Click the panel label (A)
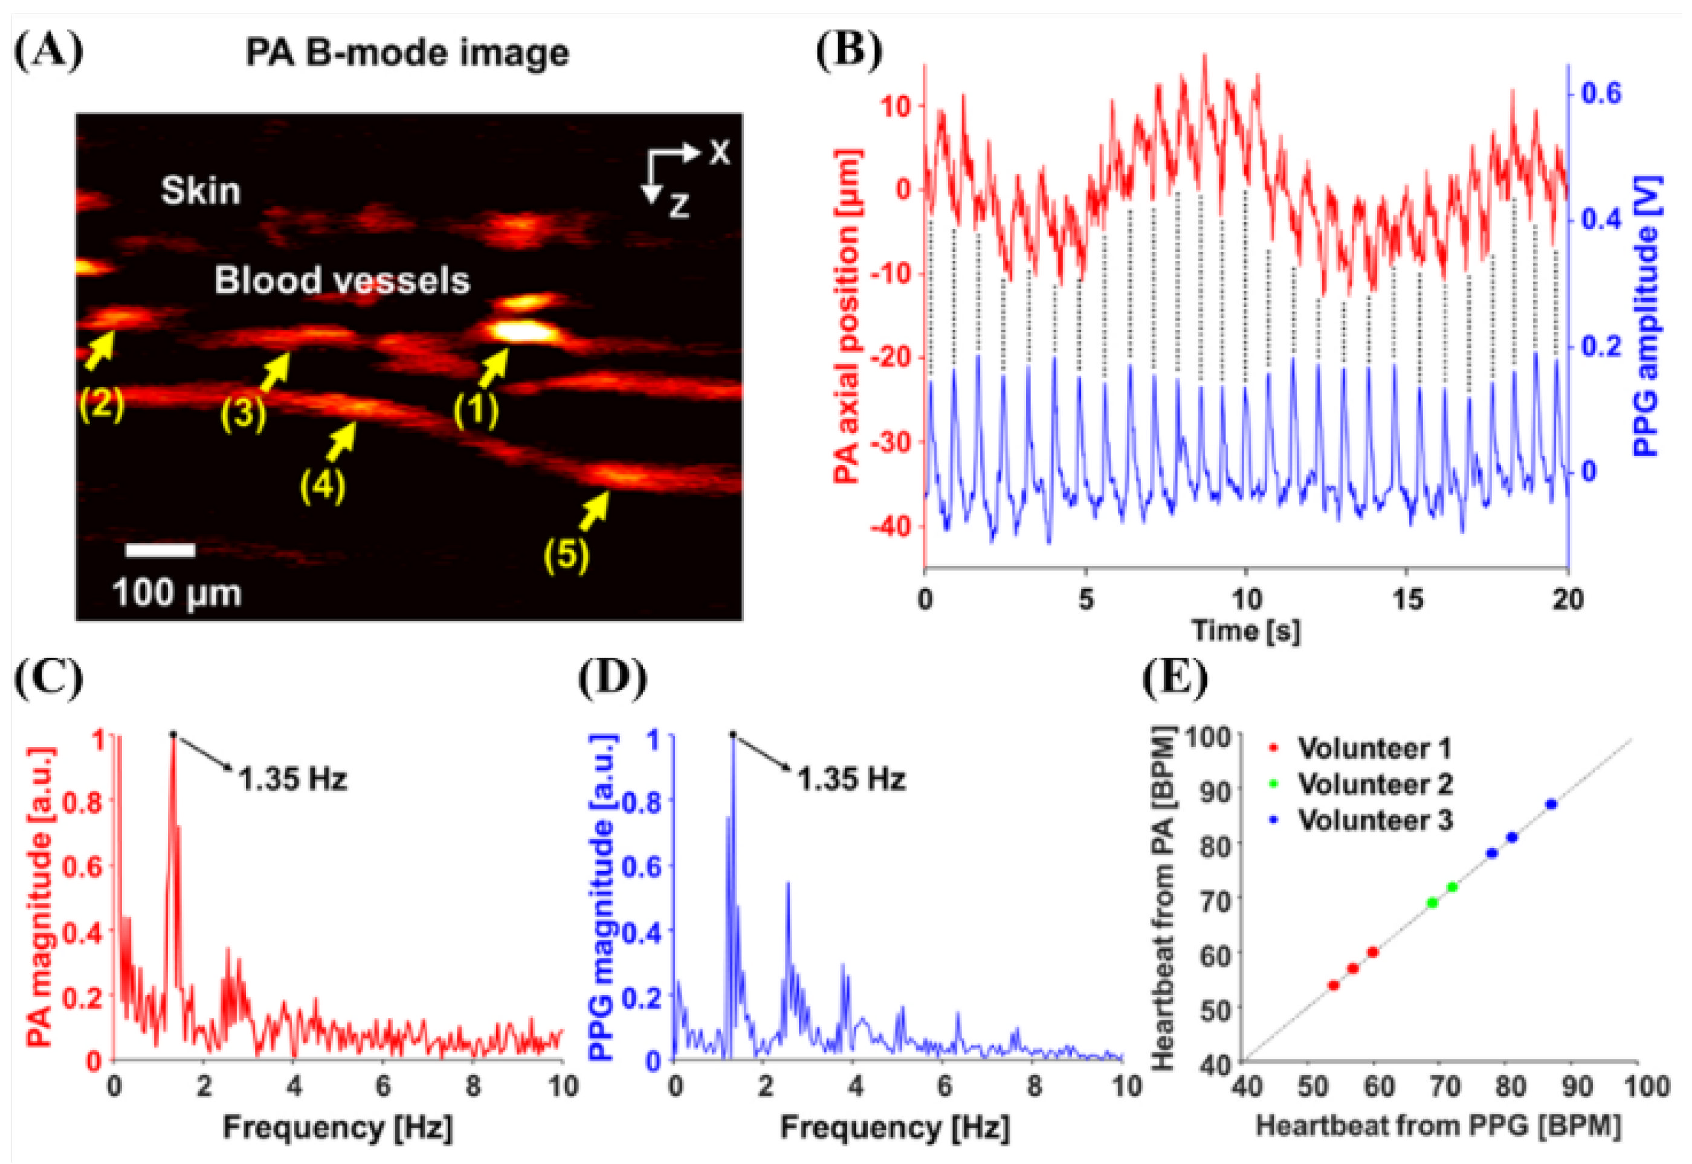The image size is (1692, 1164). (48, 53)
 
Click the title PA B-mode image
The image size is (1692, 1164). (407, 53)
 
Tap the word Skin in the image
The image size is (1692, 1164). (200, 191)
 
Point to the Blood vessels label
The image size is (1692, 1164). (341, 281)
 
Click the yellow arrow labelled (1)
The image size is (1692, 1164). (492, 368)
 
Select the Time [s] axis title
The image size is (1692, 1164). (1245, 630)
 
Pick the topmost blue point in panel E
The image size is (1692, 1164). (1551, 805)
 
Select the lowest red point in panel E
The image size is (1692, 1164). (1334, 985)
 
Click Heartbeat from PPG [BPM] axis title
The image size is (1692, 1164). (1438, 1125)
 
